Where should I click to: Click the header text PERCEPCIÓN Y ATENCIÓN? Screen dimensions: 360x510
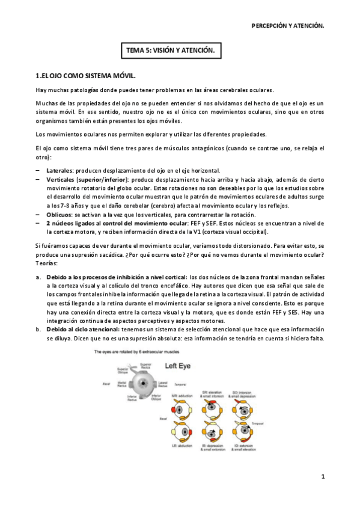click(x=287, y=26)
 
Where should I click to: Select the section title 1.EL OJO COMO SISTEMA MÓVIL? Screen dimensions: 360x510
click(x=85, y=76)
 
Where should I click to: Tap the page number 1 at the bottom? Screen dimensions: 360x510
click(x=323, y=477)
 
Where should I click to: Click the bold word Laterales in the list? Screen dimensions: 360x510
click(x=60, y=170)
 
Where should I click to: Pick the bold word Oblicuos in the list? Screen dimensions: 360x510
click(x=59, y=215)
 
